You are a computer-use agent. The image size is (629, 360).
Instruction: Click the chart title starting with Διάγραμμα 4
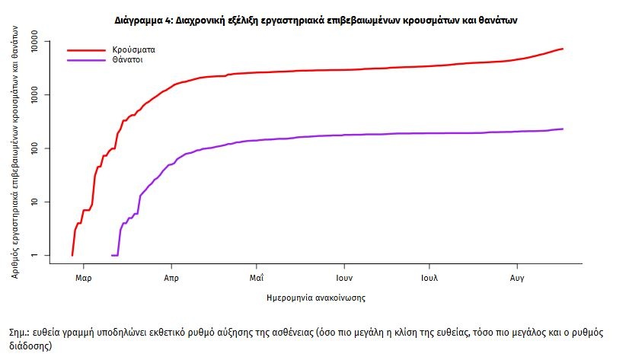pos(314,21)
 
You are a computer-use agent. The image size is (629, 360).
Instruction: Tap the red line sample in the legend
pos(86,49)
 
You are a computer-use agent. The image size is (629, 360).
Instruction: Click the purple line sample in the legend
pos(86,59)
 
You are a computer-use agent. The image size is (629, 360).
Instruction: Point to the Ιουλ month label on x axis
pos(429,278)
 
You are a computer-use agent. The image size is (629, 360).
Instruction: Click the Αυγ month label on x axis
pos(516,278)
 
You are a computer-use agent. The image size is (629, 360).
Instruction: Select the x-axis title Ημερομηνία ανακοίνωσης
pos(316,298)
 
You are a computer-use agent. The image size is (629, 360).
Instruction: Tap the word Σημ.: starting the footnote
pos(21,333)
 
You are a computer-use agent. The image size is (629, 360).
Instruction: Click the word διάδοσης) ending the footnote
pos(30,345)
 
